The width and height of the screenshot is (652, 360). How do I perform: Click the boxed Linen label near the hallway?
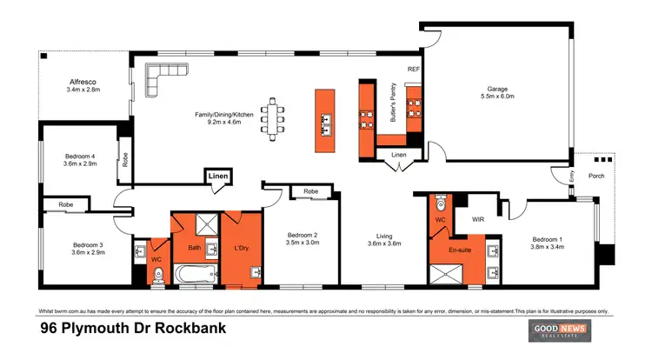[x=217, y=177]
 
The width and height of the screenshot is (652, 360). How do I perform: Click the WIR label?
[x=477, y=221]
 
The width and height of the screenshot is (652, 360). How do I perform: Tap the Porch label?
[x=596, y=176]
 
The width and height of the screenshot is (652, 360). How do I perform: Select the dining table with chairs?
[x=276, y=117]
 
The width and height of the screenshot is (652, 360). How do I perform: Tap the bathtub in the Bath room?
[x=196, y=276]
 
